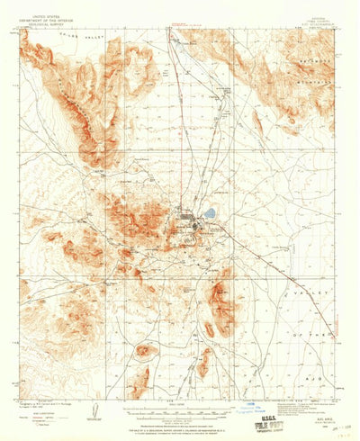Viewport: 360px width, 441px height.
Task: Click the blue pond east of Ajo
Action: [x=209, y=214]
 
